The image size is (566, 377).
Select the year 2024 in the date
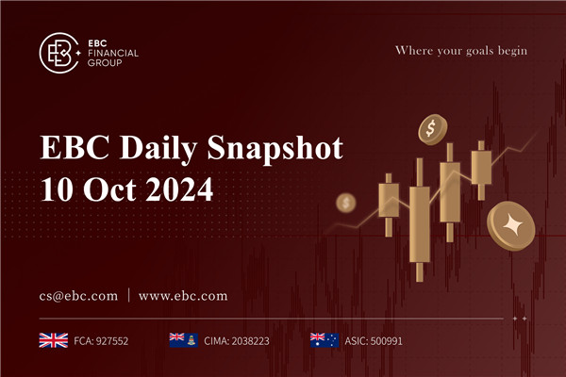point(178,188)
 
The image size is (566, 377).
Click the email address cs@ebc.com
point(79,295)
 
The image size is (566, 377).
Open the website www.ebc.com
point(183,295)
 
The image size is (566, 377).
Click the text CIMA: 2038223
point(237,339)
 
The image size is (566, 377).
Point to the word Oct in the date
point(103,188)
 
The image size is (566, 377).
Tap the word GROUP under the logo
point(106,63)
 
